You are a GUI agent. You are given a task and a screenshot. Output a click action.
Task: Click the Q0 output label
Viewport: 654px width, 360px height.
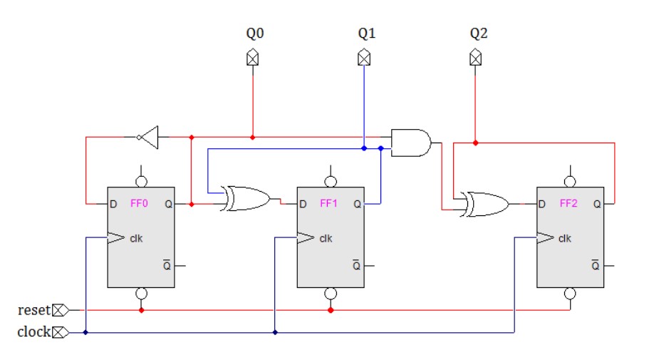click(x=253, y=34)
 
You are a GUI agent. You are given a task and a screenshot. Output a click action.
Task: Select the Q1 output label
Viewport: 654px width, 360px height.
click(x=365, y=34)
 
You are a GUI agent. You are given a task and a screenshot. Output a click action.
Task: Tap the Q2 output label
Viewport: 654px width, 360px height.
click(x=478, y=34)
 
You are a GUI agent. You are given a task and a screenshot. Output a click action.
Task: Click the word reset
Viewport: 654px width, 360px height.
click(x=33, y=310)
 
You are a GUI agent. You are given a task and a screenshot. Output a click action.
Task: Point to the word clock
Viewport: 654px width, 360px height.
click(x=33, y=332)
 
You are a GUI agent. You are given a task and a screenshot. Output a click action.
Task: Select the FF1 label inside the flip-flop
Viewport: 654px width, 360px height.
click(x=329, y=204)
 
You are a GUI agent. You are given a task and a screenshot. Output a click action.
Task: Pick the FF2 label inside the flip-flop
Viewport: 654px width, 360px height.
click(x=569, y=204)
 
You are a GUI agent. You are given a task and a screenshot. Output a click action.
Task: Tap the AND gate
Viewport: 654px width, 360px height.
click(x=411, y=143)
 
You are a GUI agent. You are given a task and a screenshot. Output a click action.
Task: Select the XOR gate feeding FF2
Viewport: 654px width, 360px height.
click(x=485, y=204)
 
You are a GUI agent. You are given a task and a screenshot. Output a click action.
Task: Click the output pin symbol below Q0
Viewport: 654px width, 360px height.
click(x=252, y=58)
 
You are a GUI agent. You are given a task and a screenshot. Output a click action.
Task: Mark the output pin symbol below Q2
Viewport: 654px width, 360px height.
click(x=475, y=58)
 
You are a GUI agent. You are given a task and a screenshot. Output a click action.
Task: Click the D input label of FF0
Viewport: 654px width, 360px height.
click(x=113, y=205)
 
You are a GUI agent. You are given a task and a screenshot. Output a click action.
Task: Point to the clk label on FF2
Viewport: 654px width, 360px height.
click(x=564, y=238)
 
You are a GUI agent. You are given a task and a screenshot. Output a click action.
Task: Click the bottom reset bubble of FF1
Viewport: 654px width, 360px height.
click(x=331, y=294)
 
